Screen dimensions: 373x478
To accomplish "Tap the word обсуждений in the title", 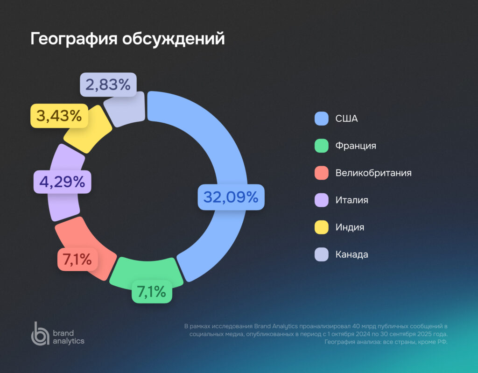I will pyautogui.click(x=173, y=39).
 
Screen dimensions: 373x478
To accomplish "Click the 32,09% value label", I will pyautogui.click(x=231, y=197).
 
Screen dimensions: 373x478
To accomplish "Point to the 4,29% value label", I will pyautogui.click(x=62, y=182).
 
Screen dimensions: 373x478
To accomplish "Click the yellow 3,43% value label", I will pyautogui.click(x=59, y=115).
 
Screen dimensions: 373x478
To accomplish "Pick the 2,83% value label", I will pyautogui.click(x=108, y=84).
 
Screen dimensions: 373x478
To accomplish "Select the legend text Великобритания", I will pyautogui.click(x=373, y=173).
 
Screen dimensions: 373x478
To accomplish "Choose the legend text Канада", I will pyautogui.click(x=352, y=254).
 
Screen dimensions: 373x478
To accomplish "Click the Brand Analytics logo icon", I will pyautogui.click(x=40, y=333).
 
